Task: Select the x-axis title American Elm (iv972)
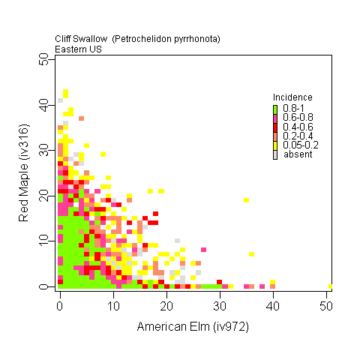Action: (x=193, y=326)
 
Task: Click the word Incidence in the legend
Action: (x=292, y=97)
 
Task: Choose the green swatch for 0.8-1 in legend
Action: (x=275, y=109)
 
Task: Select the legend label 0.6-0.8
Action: (x=298, y=118)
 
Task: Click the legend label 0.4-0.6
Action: (x=298, y=127)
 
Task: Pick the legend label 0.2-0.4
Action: (x=298, y=136)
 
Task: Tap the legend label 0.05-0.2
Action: (x=300, y=145)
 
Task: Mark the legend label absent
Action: (x=298, y=154)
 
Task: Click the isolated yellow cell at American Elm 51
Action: (x=331, y=286)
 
